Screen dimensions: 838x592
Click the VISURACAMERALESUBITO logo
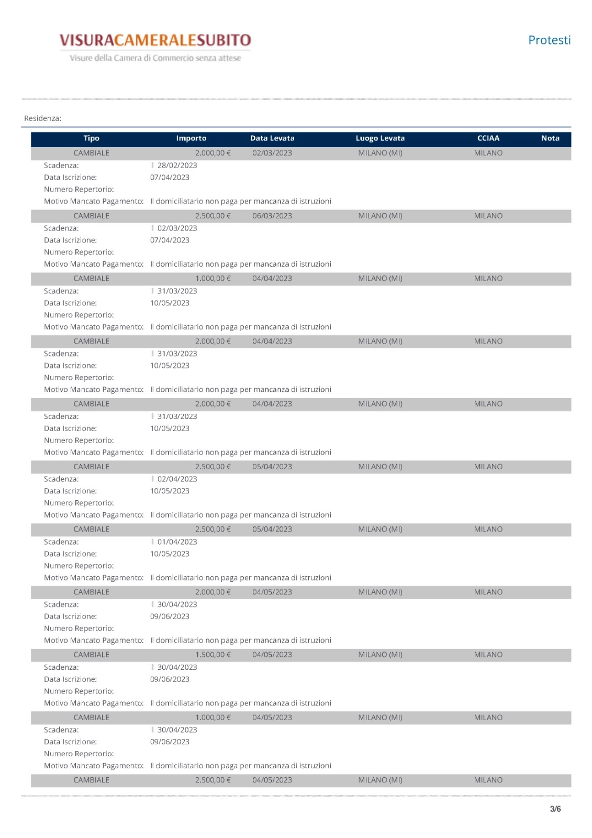click(155, 40)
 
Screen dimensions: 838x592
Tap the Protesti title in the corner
click(549, 40)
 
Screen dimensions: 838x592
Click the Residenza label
click(42, 118)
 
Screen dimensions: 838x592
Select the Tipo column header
click(91, 138)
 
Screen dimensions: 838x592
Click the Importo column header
click(191, 138)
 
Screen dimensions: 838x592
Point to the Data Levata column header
click(272, 138)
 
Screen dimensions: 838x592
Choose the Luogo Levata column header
click(380, 138)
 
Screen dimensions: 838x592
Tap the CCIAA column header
click(488, 138)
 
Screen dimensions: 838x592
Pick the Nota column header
click(550, 138)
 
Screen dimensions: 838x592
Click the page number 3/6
click(555, 809)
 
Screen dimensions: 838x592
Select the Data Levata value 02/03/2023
click(272, 153)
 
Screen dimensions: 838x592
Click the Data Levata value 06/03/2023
click(272, 216)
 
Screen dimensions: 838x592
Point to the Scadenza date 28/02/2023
click(177, 166)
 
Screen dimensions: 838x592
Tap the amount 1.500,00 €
click(213, 655)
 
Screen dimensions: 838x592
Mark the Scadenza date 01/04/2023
click(177, 542)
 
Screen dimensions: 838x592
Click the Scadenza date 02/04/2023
click(177, 479)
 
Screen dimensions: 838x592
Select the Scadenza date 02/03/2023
click(177, 228)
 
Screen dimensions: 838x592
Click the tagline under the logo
click(155, 58)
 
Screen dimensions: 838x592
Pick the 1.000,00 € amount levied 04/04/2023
click(213, 279)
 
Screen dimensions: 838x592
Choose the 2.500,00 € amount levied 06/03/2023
click(213, 216)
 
